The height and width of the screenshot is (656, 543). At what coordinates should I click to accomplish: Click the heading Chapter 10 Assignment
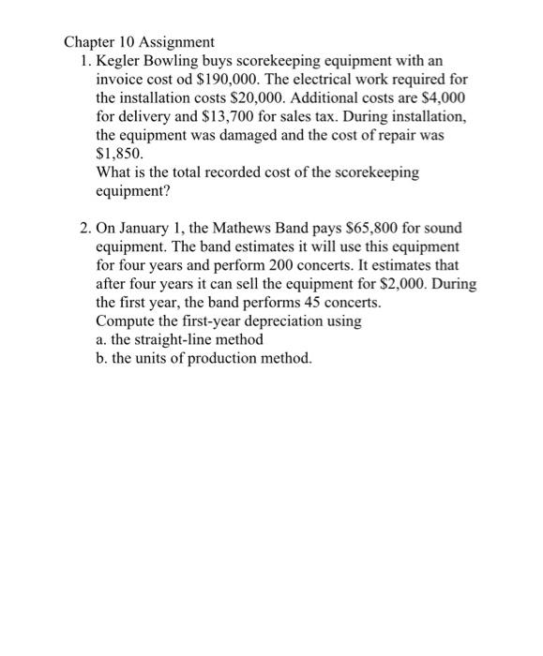point(139,42)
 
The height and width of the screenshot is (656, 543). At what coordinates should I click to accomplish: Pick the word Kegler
point(120,61)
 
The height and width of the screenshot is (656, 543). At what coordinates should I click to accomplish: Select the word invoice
point(119,80)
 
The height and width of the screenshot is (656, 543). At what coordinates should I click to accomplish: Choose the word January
point(144,228)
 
